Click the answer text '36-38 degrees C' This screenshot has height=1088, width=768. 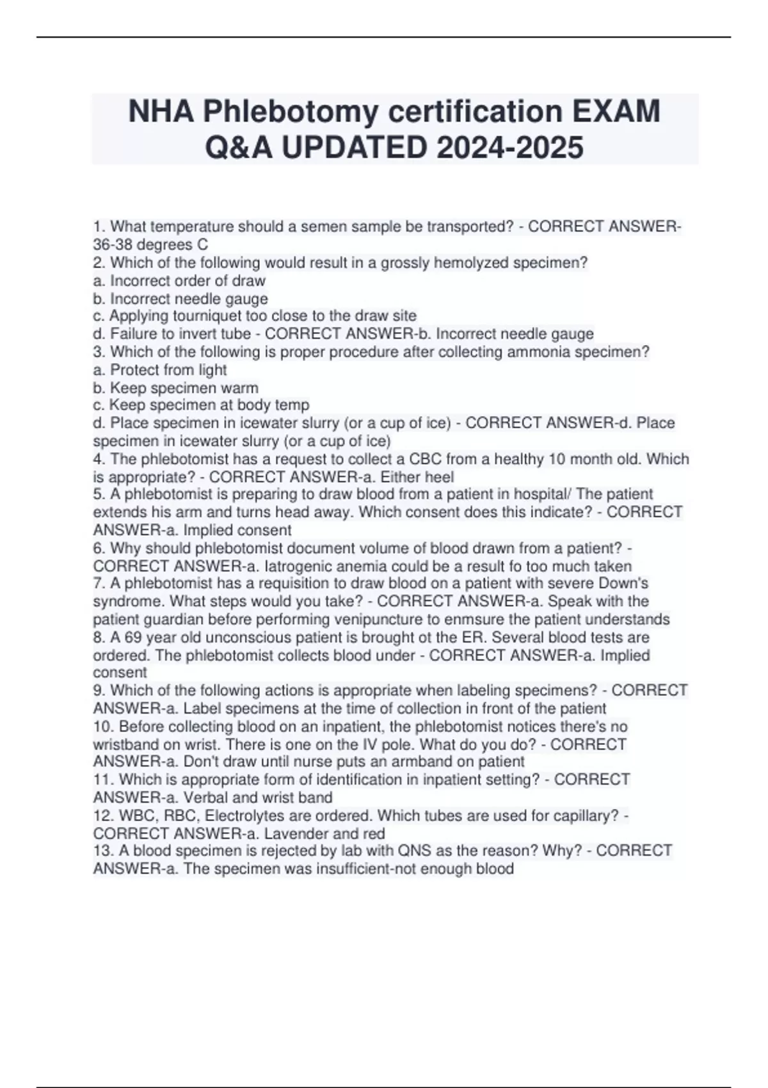[150, 244]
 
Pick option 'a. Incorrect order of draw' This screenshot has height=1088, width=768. [179, 280]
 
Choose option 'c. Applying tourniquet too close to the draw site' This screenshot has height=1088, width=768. [255, 316]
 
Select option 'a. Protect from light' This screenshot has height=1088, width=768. [160, 370]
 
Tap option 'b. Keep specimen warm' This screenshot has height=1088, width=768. [176, 388]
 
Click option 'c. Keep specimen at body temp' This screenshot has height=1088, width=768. [201, 405]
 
